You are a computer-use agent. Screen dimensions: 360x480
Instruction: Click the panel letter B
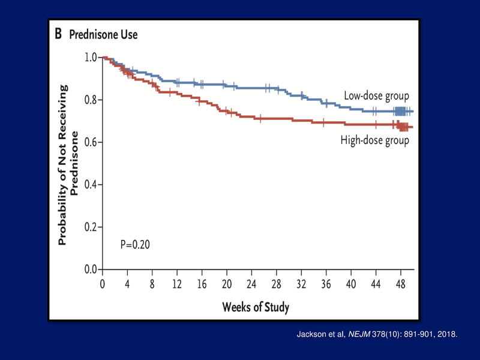58,34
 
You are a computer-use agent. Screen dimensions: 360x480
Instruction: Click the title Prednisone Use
103,35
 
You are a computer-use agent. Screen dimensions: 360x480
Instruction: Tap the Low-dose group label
376,95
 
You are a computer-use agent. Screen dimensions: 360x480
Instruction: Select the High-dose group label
374,140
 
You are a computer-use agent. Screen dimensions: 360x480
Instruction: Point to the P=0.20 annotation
135,245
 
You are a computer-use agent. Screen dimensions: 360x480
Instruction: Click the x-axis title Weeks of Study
256,308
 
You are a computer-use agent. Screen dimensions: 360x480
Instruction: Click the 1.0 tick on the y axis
91,58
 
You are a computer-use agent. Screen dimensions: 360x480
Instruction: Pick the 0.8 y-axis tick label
91,100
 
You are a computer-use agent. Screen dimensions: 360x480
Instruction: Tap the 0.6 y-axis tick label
91,142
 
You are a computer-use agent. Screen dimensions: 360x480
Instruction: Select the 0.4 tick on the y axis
91,185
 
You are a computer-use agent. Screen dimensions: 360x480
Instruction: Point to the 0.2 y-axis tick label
91,227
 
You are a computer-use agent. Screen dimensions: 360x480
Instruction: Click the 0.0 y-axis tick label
91,269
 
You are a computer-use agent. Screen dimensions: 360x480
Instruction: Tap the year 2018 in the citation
446,334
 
